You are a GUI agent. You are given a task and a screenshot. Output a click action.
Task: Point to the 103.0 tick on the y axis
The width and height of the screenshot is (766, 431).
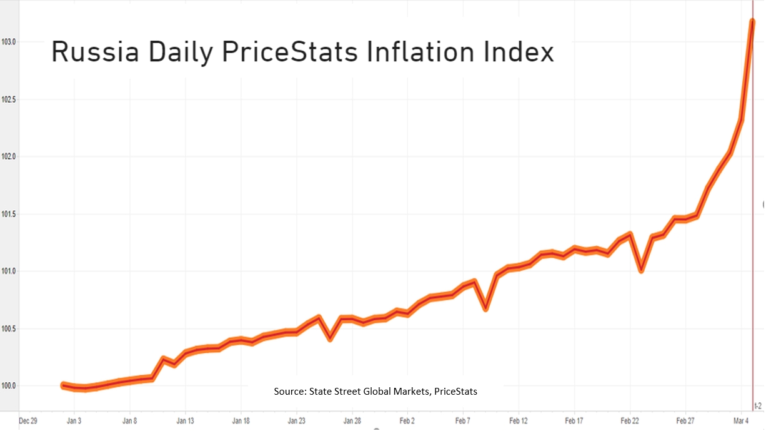click(9, 42)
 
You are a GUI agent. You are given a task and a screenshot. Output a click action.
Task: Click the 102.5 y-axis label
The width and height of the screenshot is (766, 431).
click(9, 99)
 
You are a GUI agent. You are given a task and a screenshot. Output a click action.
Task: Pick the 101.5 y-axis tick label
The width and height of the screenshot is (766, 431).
click(9, 214)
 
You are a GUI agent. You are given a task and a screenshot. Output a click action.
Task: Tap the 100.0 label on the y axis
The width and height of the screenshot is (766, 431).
click(9, 386)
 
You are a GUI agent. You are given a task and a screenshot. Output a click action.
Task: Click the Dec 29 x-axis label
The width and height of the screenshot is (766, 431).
click(28, 421)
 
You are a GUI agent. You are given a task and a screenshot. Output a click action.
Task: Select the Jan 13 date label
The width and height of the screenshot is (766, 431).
click(185, 421)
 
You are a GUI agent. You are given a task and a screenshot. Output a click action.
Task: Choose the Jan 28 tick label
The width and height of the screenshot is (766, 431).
click(352, 421)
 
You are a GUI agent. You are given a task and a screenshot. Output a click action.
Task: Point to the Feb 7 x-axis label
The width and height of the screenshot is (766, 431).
click(463, 421)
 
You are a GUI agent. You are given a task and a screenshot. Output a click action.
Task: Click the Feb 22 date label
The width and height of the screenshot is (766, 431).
click(630, 421)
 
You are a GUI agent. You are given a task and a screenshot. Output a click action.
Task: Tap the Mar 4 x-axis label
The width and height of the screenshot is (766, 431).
click(741, 421)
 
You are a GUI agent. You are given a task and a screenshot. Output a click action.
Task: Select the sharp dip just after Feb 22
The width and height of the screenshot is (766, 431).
click(641, 270)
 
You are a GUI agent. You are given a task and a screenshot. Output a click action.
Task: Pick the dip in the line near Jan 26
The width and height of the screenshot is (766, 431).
click(330, 338)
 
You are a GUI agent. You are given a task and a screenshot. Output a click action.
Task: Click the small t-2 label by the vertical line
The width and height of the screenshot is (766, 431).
click(758, 406)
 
